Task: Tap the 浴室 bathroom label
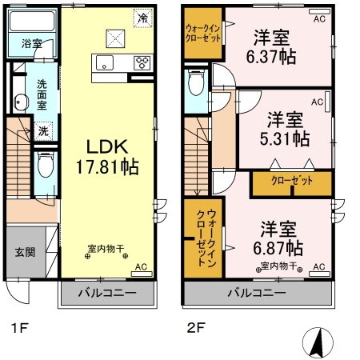30,43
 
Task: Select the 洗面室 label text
41,94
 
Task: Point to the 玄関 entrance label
24,251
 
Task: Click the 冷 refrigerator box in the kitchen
142,16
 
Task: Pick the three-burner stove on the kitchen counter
143,62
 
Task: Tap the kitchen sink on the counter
105,63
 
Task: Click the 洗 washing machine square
43,130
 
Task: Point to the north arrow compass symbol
317,342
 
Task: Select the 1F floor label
18,326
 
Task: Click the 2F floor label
197,326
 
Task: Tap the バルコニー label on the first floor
106,293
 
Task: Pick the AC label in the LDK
141,267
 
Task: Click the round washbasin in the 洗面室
20,102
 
